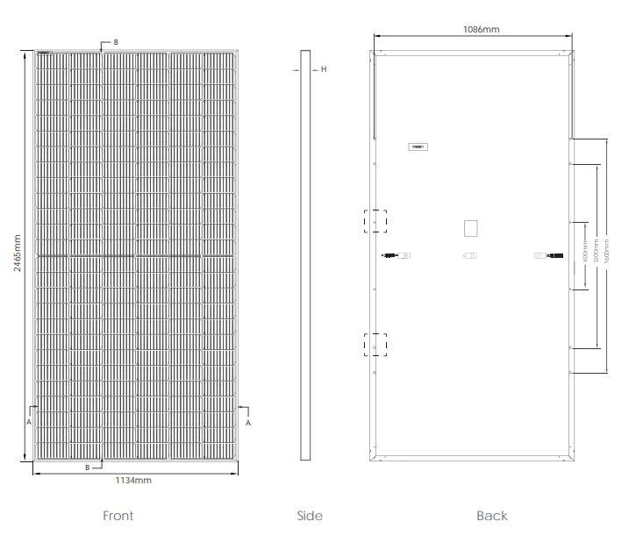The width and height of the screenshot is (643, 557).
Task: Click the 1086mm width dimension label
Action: click(481, 29)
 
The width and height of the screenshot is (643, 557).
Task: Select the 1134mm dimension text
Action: click(133, 481)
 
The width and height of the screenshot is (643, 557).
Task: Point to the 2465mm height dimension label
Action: click(18, 253)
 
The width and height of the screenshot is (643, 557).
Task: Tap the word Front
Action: click(118, 516)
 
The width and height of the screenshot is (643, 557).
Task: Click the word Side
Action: click(310, 516)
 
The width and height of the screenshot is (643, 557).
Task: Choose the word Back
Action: click(492, 516)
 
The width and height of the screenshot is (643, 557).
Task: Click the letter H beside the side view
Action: click(324, 69)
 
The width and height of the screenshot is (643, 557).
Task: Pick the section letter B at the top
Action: click(116, 42)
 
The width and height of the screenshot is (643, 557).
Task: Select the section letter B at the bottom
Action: click(87, 468)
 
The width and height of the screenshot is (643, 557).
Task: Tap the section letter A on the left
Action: click(29, 422)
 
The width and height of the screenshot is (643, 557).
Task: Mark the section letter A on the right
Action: click(247, 422)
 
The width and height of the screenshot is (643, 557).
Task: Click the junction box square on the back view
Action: click(470, 228)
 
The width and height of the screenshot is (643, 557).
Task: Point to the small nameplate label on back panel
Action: click(418, 146)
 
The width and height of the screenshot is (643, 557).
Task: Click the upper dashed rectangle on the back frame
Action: click(375, 220)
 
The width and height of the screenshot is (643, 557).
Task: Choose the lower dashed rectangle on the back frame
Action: click(375, 344)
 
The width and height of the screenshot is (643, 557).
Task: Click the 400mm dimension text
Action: click(585, 254)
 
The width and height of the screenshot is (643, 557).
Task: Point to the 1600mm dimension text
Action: click(606, 254)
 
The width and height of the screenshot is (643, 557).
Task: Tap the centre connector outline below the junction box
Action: click(470, 256)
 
